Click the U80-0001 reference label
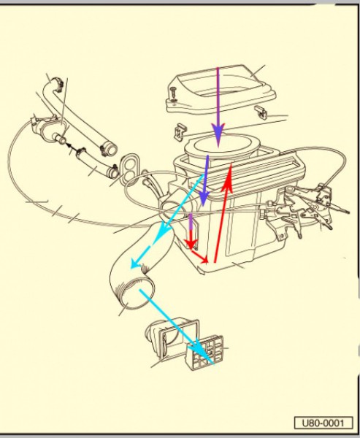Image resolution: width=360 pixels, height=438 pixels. coord(323,423)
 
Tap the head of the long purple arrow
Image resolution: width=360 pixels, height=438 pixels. coord(218,134)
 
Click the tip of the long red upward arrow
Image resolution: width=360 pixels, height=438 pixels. coord(231,164)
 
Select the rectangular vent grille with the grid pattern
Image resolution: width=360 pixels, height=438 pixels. coord(204,353)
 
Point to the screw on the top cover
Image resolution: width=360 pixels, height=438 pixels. coord(173,94)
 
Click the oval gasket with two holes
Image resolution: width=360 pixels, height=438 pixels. coord(130,168)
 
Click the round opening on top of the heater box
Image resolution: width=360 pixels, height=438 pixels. coord(222,145)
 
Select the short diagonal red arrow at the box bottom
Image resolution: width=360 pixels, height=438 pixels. coord(200,256)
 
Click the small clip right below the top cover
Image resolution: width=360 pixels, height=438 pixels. coord(261,112)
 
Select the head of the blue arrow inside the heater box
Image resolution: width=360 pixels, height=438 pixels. coord(204,199)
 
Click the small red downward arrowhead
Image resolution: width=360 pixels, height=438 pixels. coord(191,244)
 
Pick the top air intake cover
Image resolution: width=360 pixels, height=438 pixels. coord(221,88)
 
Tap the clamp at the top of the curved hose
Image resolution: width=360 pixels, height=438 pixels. coord(58,83)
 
